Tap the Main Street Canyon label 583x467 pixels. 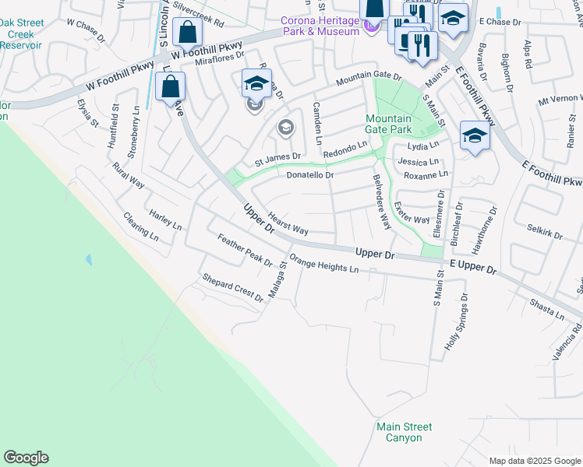click(x=404, y=432)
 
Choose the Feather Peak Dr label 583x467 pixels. click(x=245, y=250)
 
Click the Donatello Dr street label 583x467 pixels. click(x=309, y=176)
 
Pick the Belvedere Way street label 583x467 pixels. click(x=381, y=201)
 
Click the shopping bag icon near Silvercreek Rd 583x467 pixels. click(x=188, y=33)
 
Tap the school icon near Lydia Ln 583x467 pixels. click(x=474, y=136)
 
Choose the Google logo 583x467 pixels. click(x=26, y=458)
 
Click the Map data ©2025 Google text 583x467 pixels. click(x=534, y=461)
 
